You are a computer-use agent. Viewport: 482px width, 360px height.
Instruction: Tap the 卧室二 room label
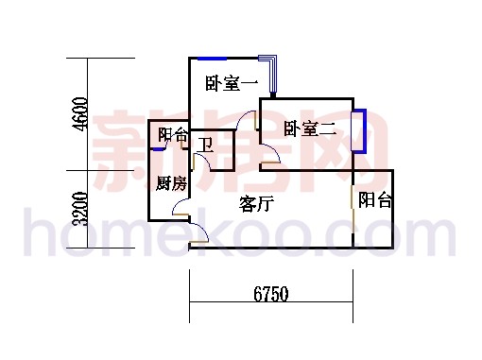[x=309, y=129]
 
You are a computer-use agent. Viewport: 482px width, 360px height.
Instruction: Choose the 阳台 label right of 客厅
[x=375, y=200]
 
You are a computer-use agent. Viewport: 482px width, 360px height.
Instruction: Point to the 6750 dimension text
[x=270, y=295]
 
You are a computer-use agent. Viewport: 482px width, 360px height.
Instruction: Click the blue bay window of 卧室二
[x=359, y=131]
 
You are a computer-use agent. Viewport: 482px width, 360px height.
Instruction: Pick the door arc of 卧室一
[x=248, y=120]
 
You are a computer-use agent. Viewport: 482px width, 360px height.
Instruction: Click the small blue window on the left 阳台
[x=158, y=148]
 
